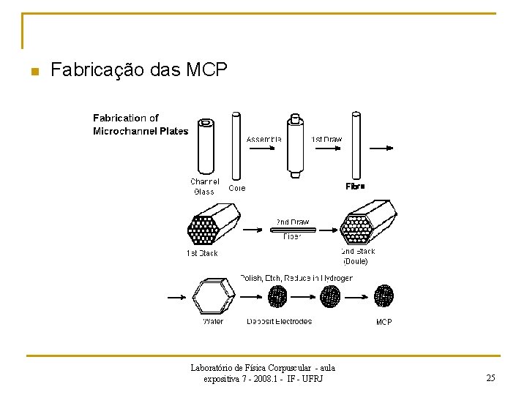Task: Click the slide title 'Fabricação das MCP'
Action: (x=139, y=70)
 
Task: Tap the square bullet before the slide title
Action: (x=33, y=72)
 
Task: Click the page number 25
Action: (x=490, y=378)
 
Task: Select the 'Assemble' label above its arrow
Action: (x=264, y=138)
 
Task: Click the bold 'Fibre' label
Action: (x=355, y=187)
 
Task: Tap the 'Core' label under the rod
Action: (x=237, y=188)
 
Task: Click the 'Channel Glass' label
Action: (x=205, y=187)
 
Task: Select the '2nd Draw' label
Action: (x=292, y=222)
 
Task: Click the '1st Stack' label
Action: (x=201, y=253)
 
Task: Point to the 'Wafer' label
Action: (x=213, y=321)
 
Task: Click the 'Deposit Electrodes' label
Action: (x=279, y=321)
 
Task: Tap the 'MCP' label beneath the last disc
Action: (x=384, y=321)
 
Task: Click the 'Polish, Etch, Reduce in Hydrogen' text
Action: (x=296, y=278)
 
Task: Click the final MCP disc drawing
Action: (x=384, y=296)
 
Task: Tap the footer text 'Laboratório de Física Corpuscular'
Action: (x=263, y=368)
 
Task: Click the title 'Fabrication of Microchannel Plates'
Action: (x=140, y=124)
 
